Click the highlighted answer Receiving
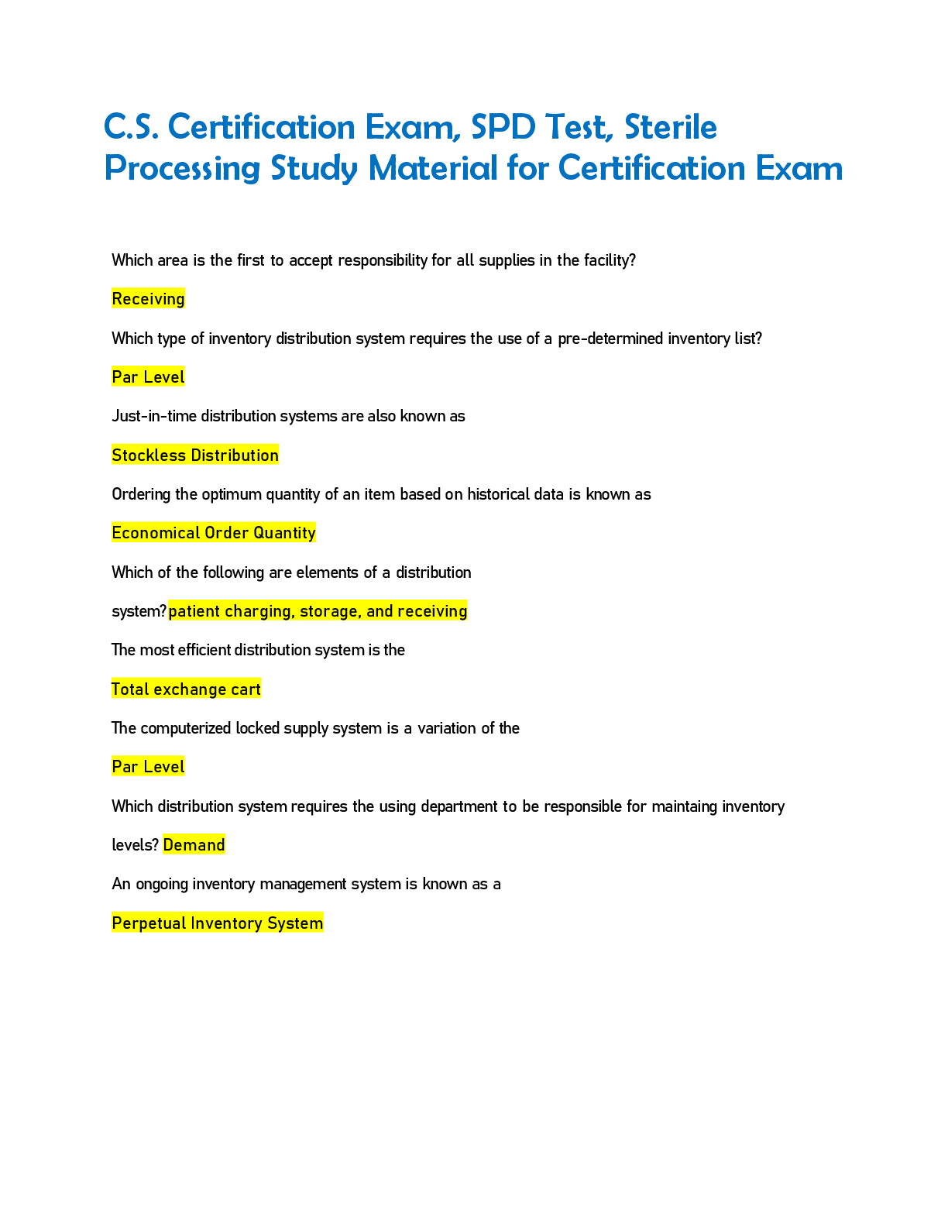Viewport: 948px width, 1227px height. pyautogui.click(x=148, y=299)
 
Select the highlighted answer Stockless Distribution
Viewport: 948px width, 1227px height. pyautogui.click(x=195, y=455)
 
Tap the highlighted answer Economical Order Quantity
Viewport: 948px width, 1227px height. pyautogui.click(x=214, y=533)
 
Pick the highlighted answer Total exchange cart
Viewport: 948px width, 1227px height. pyautogui.click(x=186, y=689)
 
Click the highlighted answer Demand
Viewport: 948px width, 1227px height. pyautogui.click(x=194, y=845)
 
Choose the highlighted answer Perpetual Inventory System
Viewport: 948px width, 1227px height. pyautogui.click(x=217, y=923)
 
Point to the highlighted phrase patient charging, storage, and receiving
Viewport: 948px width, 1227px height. pyautogui.click(x=318, y=611)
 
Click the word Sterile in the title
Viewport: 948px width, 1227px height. pyautogui.click(x=671, y=127)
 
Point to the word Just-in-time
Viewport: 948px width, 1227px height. pyautogui.click(x=154, y=416)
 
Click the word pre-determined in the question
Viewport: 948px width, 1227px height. pyautogui.click(x=610, y=339)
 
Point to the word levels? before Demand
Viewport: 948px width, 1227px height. pyautogui.click(x=135, y=845)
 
